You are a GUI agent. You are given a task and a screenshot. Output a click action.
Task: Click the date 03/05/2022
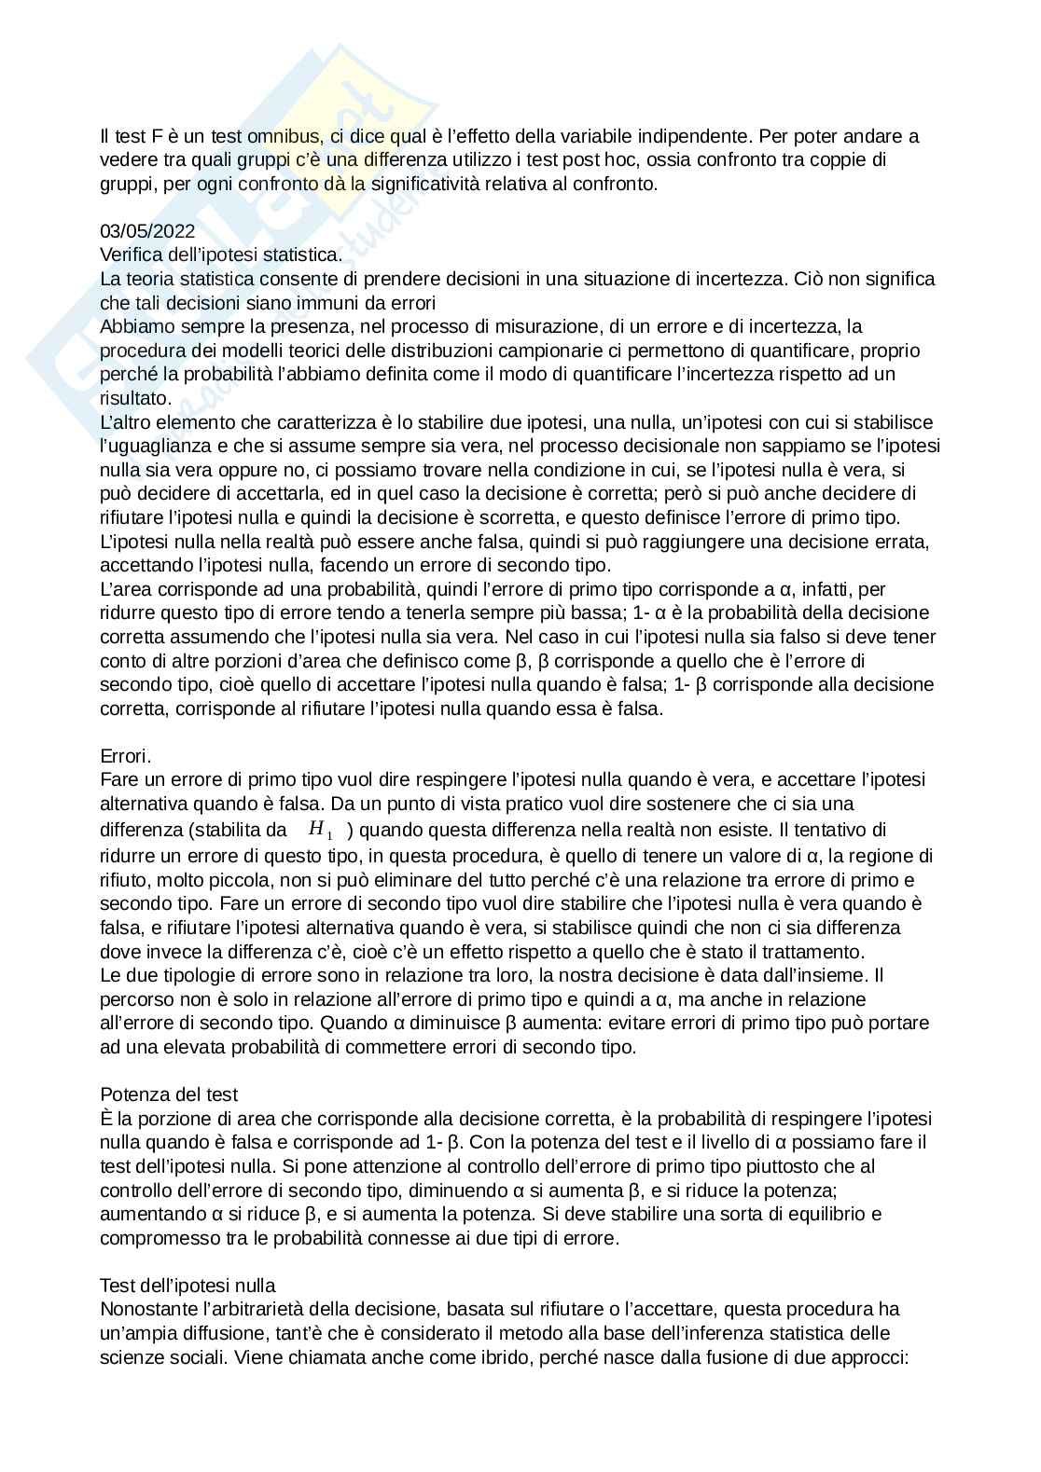coord(147,231)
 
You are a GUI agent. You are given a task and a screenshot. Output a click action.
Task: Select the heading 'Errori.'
coord(126,755)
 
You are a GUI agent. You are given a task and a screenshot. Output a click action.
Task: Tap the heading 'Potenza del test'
coord(169,1094)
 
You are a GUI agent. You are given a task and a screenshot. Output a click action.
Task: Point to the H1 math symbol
coord(320,829)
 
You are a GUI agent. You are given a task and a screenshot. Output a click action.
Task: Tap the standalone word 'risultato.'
coord(135,398)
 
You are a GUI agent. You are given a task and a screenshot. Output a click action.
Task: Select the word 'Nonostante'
coord(145,1309)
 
